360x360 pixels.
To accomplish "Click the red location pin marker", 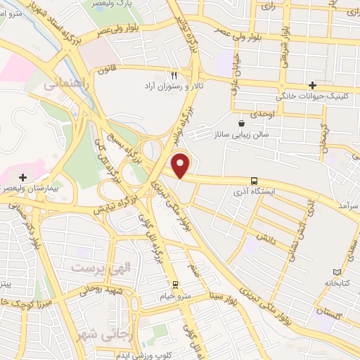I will [x=181, y=166].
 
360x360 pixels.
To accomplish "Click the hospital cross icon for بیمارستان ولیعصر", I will [x=23, y=177].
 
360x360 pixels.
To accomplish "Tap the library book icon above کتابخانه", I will [x=335, y=271].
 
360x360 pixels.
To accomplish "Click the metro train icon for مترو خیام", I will [x=176, y=284].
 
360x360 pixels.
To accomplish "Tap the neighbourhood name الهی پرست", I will [x=95, y=267].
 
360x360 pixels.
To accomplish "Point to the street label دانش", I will [x=258, y=238].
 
